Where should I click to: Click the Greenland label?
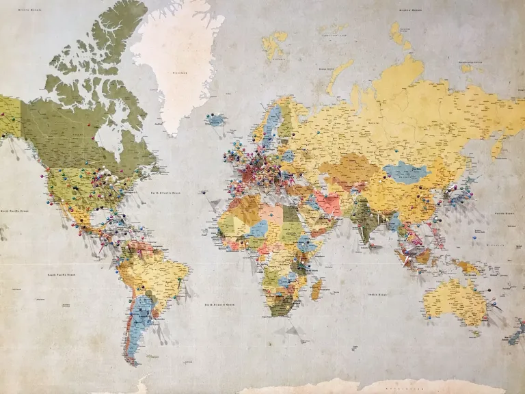(x=180, y=72)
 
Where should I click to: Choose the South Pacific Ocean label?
(x=61, y=274)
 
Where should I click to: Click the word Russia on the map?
(x=375, y=122)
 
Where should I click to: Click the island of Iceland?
(x=216, y=120)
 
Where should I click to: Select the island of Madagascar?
(x=316, y=289)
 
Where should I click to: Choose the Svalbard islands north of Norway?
(x=275, y=43)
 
